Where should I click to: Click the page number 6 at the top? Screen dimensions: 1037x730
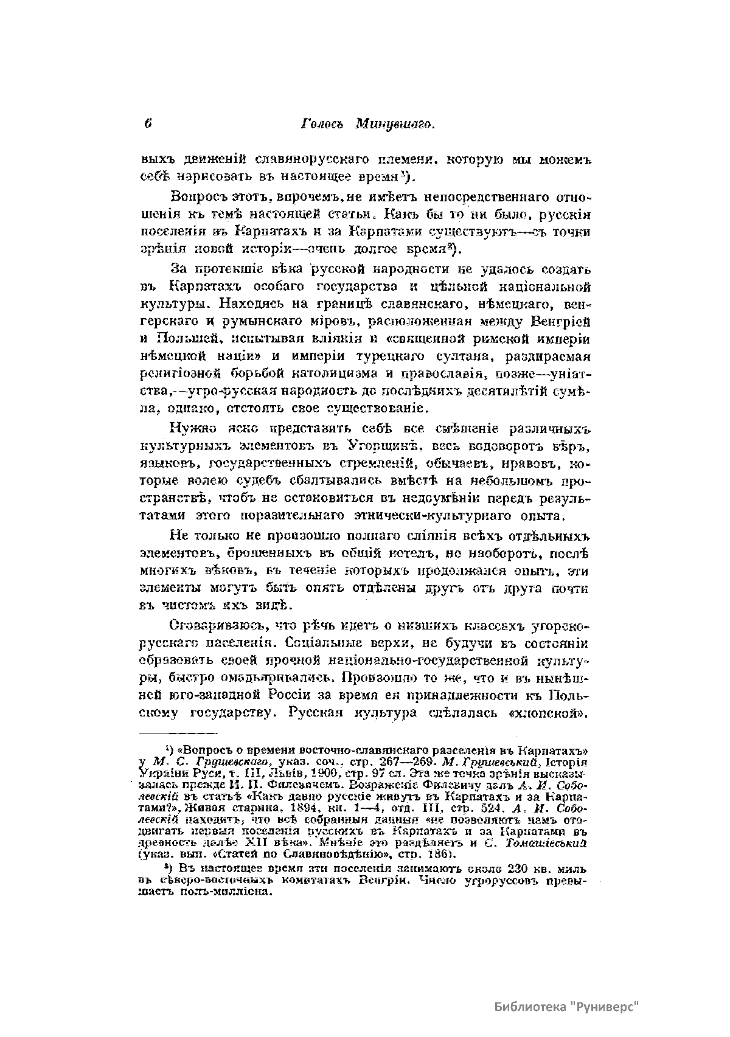148,123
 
